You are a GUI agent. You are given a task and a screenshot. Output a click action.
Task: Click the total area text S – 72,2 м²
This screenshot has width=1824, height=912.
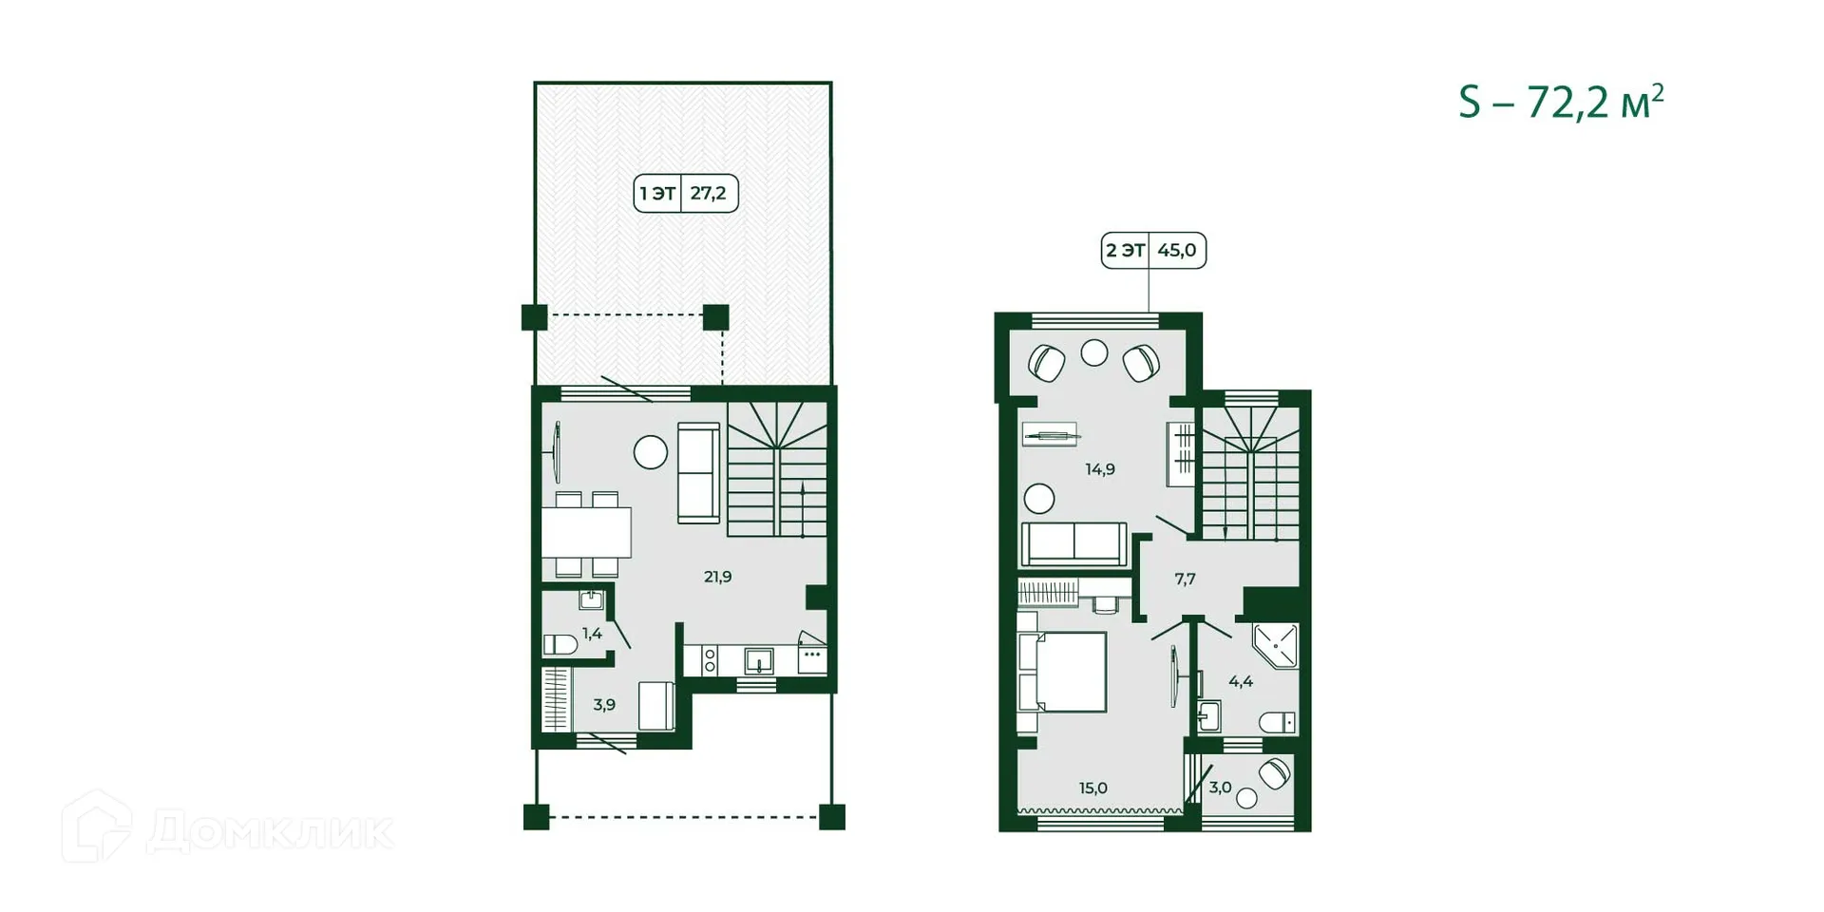pyautogui.click(x=1561, y=103)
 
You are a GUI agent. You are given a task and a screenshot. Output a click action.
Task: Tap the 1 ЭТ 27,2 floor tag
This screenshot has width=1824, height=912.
pyautogui.click(x=685, y=194)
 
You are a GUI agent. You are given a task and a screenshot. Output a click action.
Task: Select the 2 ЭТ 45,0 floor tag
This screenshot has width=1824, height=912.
pyautogui.click(x=1152, y=251)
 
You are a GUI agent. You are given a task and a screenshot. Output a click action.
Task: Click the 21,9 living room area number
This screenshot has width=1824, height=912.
pyautogui.click(x=717, y=577)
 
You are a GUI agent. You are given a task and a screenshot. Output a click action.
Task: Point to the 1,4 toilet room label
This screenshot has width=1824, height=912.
pyautogui.click(x=592, y=634)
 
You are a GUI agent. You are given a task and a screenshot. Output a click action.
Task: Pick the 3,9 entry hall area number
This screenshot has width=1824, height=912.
pyautogui.click(x=604, y=705)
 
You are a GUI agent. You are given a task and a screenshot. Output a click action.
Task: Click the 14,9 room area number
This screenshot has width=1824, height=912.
pyautogui.click(x=1100, y=469)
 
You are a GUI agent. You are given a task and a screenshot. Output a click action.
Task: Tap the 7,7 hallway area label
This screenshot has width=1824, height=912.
pyautogui.click(x=1185, y=579)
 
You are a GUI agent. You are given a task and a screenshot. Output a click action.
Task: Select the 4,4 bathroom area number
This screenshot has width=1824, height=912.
pyautogui.click(x=1240, y=681)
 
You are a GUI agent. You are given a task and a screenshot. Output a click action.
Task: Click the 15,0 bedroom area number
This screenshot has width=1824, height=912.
pyautogui.click(x=1092, y=788)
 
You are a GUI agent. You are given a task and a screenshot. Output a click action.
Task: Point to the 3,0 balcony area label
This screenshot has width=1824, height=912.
pyautogui.click(x=1220, y=788)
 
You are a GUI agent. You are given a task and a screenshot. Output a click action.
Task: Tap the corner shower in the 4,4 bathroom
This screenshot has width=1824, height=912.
pyautogui.click(x=1276, y=646)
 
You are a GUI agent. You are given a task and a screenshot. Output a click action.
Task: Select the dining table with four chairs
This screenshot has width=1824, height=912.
pyautogui.click(x=586, y=533)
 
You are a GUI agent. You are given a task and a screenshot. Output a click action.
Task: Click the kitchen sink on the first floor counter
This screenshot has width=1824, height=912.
pyautogui.click(x=758, y=659)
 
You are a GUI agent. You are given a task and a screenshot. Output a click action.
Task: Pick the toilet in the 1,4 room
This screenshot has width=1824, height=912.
pyautogui.click(x=560, y=645)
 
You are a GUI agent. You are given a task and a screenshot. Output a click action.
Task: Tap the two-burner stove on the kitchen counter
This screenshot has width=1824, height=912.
pyautogui.click(x=710, y=660)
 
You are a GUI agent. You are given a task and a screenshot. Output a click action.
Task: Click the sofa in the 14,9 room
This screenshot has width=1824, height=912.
pyautogui.click(x=1073, y=543)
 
